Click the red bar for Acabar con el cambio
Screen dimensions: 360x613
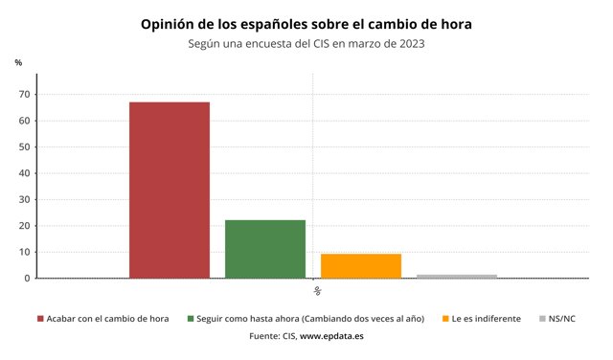point(170,190)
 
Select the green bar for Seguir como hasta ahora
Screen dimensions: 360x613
point(265,249)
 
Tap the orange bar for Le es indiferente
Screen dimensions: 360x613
point(361,265)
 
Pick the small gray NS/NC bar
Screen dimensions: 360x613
point(457,276)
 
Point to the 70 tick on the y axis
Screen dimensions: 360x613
point(27,94)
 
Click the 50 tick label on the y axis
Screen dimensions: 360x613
point(27,146)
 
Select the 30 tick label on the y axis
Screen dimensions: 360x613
point(27,199)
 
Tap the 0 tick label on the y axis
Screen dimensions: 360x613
point(30,278)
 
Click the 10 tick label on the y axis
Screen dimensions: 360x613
point(27,252)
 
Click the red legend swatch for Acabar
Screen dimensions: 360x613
point(40,318)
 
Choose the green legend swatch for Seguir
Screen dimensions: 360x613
point(192,318)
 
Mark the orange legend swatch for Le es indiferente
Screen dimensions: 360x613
point(445,318)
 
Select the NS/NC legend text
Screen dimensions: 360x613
point(562,318)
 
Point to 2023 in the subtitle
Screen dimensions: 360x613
point(408,43)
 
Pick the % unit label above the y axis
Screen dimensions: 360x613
point(18,62)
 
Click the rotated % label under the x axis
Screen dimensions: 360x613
point(316,290)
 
